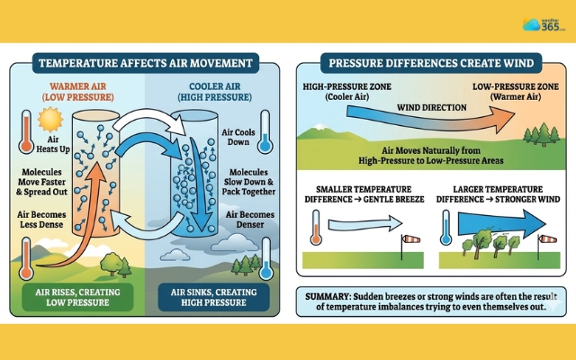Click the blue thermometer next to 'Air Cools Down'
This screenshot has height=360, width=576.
264,130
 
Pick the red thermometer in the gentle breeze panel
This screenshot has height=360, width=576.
316,227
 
